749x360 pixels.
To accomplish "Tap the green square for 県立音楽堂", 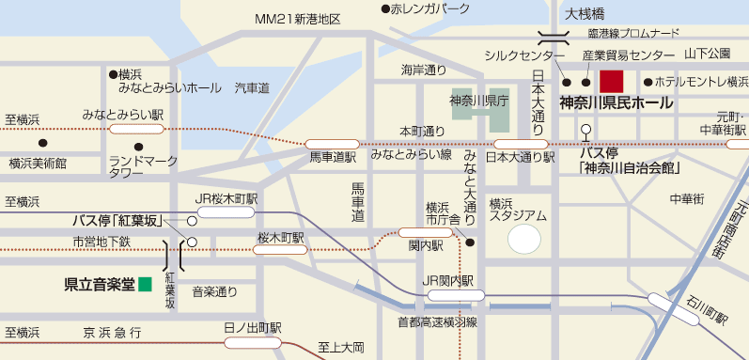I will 145,283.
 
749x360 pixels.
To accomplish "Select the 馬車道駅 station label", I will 333,158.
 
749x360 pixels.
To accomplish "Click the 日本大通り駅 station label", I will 516,157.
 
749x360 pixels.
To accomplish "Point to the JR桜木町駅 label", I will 226,199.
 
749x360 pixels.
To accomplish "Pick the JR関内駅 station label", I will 455,281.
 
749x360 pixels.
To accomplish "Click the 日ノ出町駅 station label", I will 253,328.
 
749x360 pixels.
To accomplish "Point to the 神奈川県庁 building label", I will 479,101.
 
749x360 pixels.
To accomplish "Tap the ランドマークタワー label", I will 143,166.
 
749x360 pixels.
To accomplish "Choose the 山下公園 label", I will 708,53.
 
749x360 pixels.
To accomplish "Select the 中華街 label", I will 686,199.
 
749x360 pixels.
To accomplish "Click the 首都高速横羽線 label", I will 437,321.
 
